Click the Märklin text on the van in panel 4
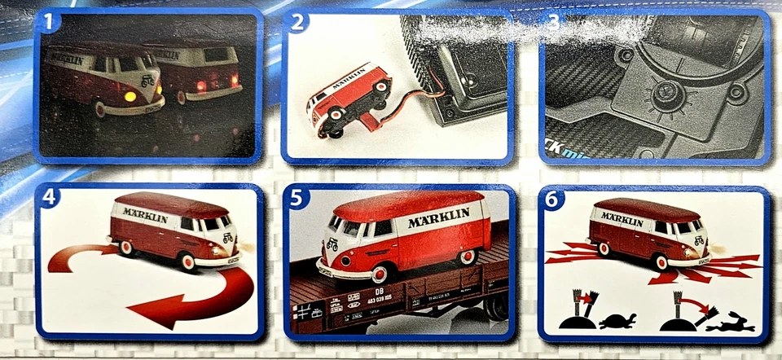145,215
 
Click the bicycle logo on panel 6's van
700,239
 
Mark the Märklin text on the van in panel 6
622,219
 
